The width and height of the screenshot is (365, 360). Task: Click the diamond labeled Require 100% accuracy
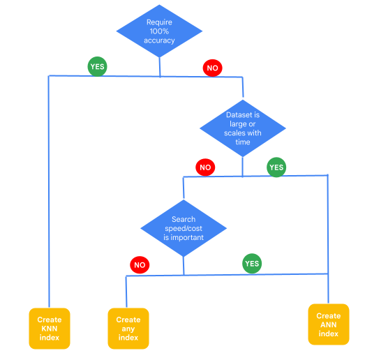(159, 31)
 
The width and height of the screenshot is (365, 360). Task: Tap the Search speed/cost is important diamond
(184, 228)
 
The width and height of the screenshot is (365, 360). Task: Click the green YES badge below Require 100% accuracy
(97, 66)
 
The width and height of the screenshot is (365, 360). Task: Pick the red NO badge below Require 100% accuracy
(212, 68)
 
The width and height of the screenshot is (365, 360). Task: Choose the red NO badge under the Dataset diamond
(205, 167)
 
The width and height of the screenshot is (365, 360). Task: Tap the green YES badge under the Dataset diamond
(276, 167)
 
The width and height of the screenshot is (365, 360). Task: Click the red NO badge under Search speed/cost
(140, 265)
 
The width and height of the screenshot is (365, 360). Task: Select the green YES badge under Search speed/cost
(252, 264)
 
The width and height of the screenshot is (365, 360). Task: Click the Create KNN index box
(50, 328)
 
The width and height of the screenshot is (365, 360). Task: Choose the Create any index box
(128, 328)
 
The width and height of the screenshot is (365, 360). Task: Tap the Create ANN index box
(328, 324)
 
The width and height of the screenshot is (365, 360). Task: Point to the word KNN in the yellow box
(50, 329)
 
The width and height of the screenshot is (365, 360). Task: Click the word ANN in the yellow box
(328, 324)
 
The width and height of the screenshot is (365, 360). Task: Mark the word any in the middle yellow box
(128, 329)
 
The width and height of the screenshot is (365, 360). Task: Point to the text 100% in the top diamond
(159, 31)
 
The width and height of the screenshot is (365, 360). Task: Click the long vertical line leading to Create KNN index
(49, 195)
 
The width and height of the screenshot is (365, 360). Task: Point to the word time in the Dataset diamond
(242, 142)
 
